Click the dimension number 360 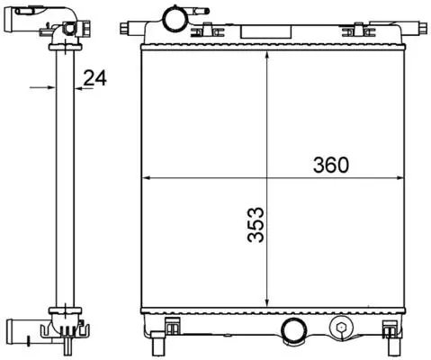pyautogui.click(x=331, y=165)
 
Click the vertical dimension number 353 pyautogui.click(x=256, y=224)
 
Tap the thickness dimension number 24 pyautogui.click(x=94, y=78)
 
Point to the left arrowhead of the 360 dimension pyautogui.click(x=145, y=178)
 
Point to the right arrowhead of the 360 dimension pyautogui.click(x=400, y=178)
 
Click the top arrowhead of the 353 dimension pyautogui.click(x=266, y=55)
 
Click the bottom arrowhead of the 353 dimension pyautogui.click(x=266, y=303)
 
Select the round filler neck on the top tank pyautogui.click(x=173, y=20)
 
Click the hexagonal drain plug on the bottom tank pyautogui.click(x=340, y=327)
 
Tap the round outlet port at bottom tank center pyautogui.click(x=292, y=330)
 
